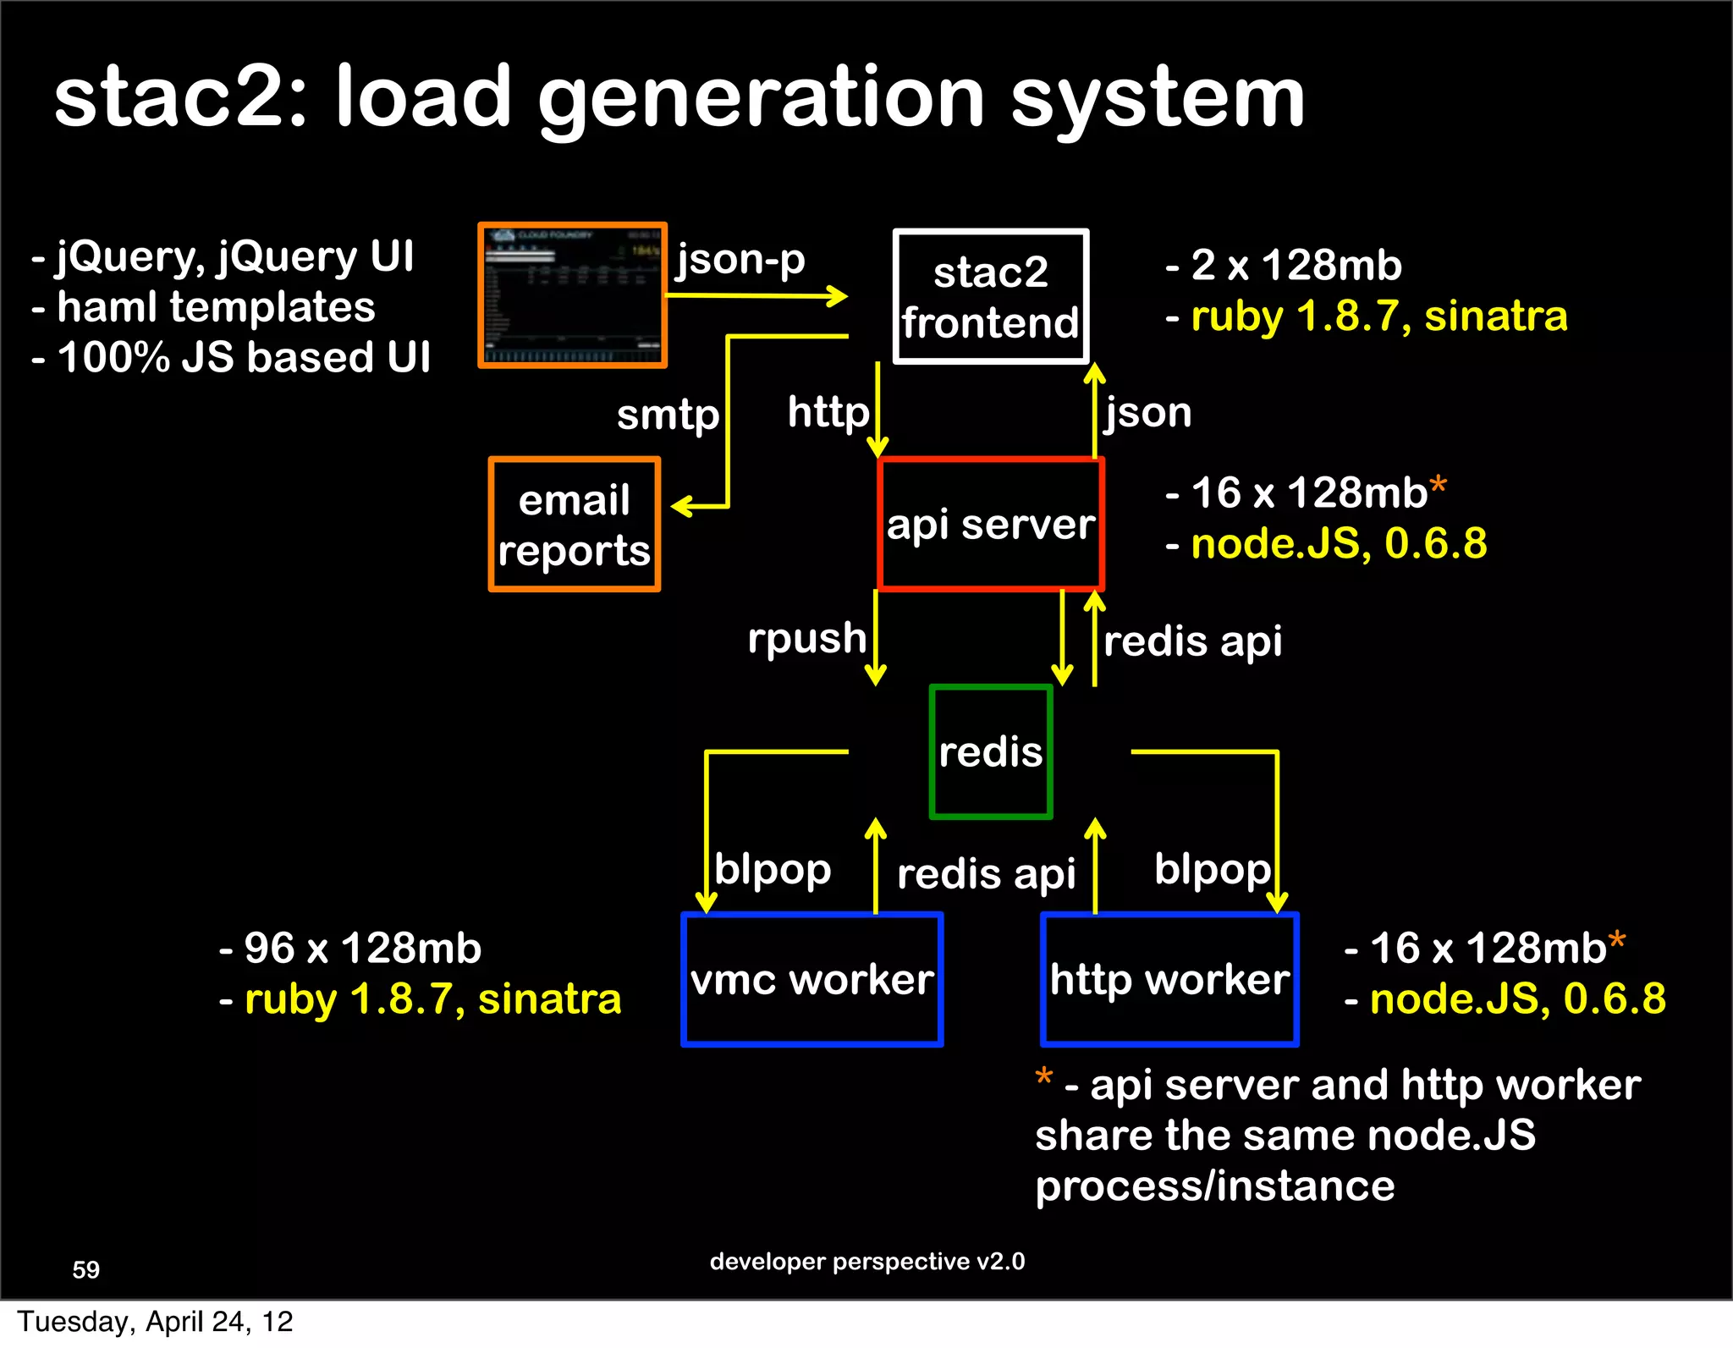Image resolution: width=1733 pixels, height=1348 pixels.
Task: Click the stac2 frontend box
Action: [991, 296]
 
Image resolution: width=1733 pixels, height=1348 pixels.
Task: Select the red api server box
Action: [991, 524]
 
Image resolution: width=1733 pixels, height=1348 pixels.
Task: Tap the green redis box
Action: [991, 751]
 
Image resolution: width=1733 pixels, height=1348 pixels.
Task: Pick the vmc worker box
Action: [812, 980]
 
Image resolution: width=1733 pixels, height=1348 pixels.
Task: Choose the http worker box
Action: [1169, 980]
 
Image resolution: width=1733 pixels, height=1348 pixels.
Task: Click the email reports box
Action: [574, 525]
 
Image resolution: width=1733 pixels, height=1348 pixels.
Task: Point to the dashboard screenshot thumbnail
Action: [573, 295]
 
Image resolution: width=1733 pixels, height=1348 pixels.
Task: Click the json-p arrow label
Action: [740, 259]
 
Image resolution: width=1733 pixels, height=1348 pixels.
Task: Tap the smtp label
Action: [668, 415]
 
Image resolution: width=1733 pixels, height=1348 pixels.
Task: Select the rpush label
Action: [806, 638]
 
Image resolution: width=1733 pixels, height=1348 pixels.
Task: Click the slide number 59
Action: [86, 1269]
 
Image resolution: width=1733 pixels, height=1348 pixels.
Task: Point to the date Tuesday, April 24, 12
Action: [155, 1322]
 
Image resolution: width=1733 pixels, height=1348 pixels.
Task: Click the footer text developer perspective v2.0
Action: [867, 1262]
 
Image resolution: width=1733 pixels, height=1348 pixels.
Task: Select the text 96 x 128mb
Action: [362, 948]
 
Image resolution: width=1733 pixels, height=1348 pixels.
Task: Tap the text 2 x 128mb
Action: [1296, 265]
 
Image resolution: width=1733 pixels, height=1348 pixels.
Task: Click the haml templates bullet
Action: [215, 306]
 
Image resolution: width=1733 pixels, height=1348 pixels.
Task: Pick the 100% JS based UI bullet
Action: [243, 357]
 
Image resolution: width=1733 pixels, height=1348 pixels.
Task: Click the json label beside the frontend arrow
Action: [1147, 413]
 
